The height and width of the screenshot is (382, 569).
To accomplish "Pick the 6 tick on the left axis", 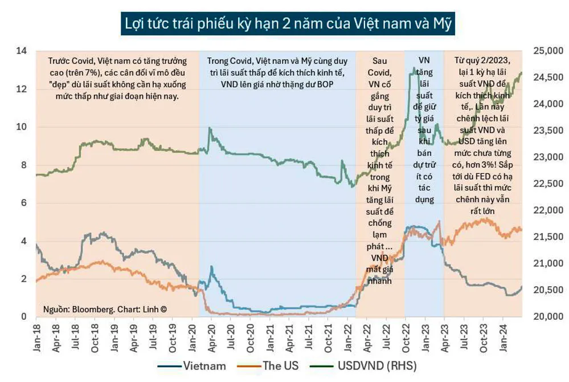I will [23, 204].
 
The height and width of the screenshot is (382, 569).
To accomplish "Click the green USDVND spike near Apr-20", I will [210, 129].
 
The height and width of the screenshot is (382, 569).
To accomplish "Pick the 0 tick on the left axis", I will [23, 317].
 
